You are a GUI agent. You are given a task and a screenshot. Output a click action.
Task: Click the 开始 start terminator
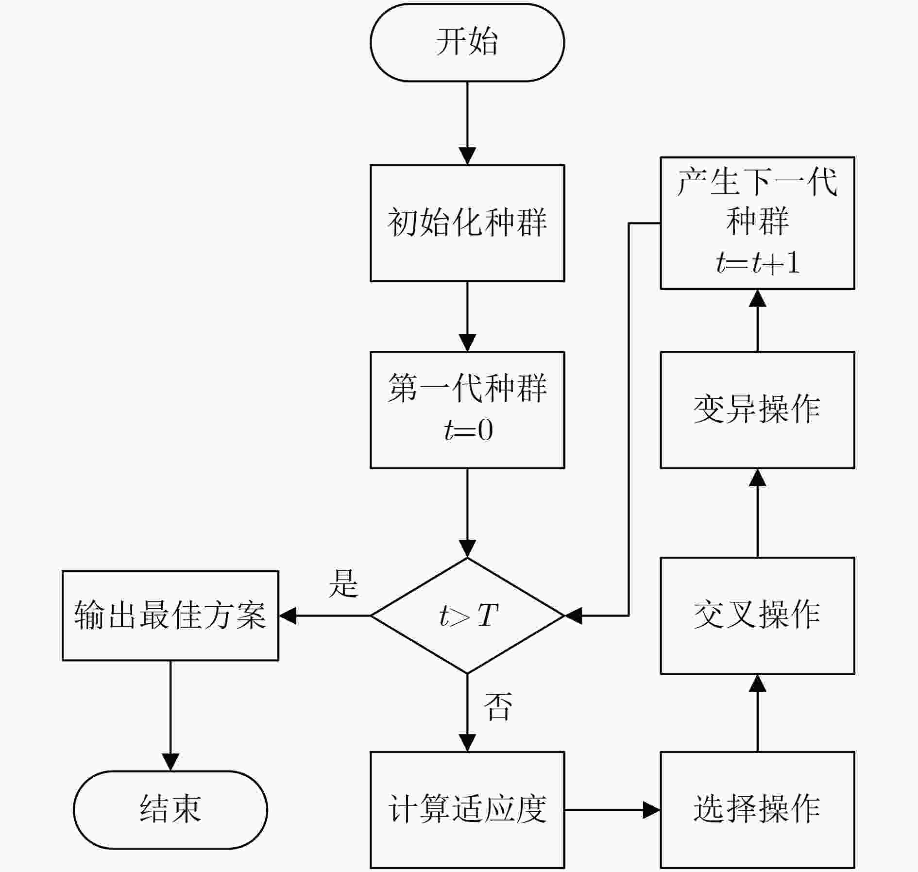tap(467, 42)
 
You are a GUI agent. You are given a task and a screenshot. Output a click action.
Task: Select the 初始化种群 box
tap(467, 223)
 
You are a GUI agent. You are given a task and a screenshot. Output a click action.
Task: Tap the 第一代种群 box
tap(467, 410)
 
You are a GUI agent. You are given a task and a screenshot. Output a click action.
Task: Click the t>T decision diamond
tap(467, 616)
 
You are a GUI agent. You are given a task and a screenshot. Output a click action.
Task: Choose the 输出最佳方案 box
tap(170, 616)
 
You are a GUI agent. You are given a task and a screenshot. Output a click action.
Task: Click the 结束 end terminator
tap(170, 810)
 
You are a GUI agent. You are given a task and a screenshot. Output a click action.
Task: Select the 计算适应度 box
tap(467, 810)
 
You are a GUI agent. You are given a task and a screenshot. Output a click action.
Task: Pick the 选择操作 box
tap(757, 810)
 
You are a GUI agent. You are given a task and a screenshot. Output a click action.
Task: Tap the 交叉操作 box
tap(757, 616)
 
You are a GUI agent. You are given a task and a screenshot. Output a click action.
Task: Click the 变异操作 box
tap(757, 410)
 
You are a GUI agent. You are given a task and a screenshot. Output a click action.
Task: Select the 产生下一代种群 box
tap(757, 223)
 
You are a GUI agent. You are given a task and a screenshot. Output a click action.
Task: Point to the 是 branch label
tap(343, 583)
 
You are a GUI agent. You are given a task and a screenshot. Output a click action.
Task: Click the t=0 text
tap(468, 430)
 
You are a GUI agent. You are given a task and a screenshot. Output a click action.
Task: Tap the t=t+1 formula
tap(758, 263)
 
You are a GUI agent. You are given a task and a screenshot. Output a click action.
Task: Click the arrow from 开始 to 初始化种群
tap(467, 123)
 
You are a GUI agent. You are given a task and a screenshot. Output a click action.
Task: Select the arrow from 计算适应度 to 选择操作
tap(612, 810)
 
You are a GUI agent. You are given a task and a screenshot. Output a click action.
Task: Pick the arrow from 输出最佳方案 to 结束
tap(170, 716)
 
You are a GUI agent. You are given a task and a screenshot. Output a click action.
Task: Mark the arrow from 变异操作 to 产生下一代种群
tap(757, 321)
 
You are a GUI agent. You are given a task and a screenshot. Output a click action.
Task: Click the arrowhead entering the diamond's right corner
tap(573, 616)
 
